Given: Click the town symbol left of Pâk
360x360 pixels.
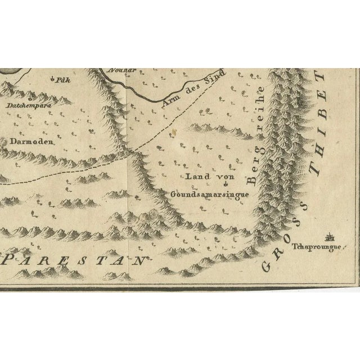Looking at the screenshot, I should pyautogui.click(x=52, y=79).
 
